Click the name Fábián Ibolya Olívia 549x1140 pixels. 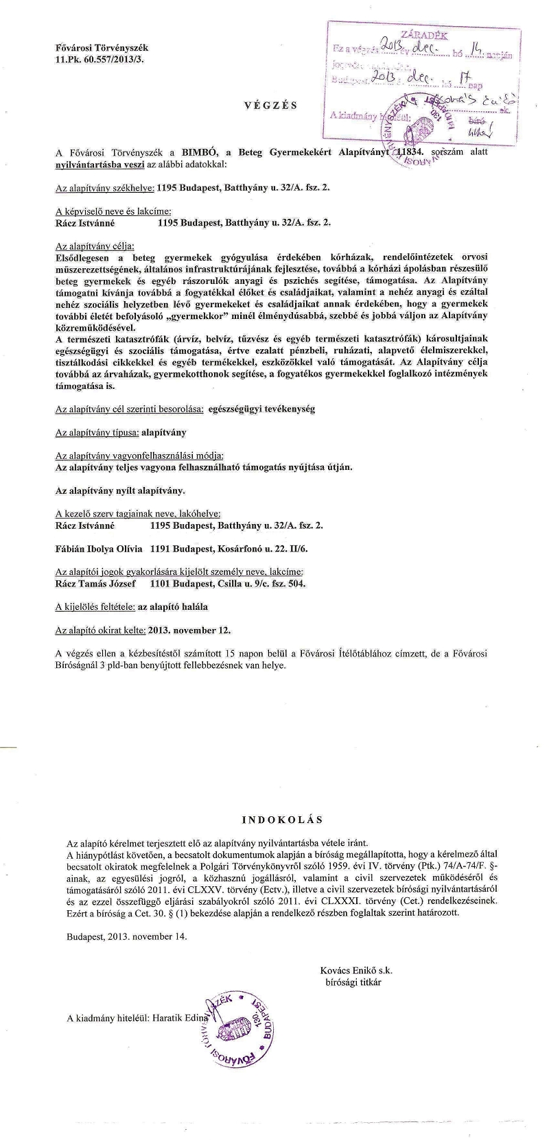[98, 549]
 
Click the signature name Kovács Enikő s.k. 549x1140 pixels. [355, 970]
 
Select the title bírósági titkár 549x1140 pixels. [353, 982]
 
